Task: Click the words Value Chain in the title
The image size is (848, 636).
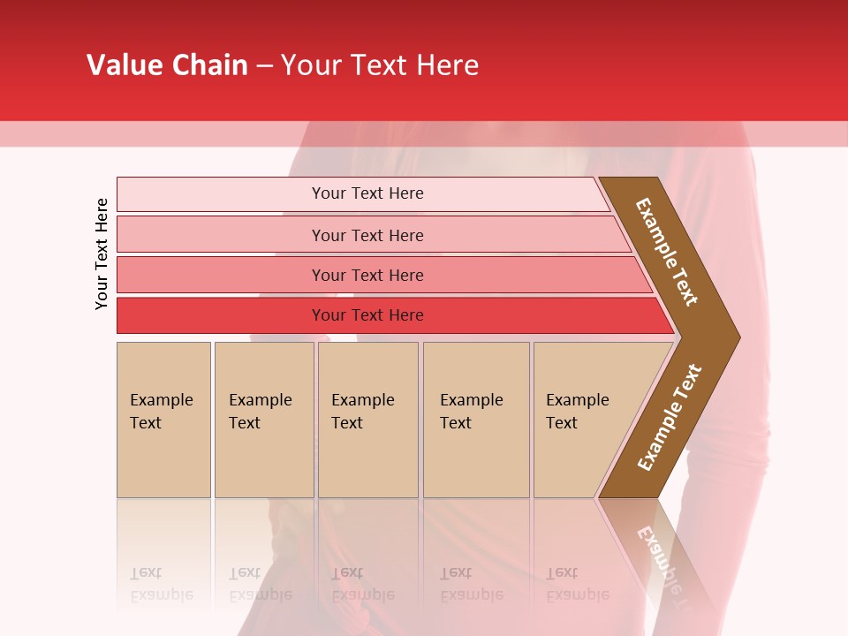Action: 167,65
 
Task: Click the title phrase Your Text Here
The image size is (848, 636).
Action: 380,65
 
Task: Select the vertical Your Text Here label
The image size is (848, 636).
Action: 102,254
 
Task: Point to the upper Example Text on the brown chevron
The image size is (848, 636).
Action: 667,252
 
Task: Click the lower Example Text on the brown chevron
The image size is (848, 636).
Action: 670,418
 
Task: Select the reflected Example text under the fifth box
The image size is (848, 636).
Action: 578,594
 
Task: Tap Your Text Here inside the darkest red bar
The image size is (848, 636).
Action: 367,315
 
